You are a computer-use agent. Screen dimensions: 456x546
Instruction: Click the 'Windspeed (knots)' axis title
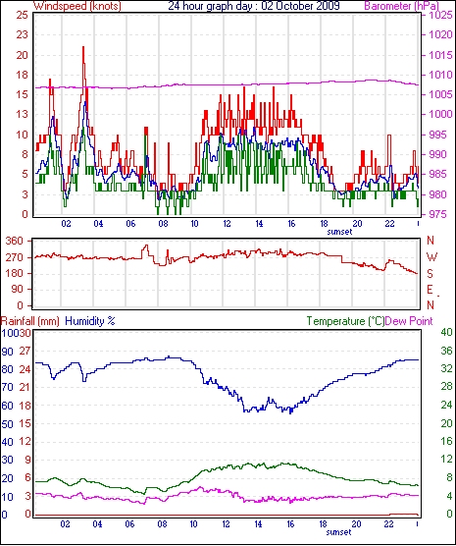(77, 6)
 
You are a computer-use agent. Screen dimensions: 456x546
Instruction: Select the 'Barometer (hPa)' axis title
(401, 6)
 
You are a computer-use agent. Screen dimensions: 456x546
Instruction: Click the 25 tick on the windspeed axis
(22, 15)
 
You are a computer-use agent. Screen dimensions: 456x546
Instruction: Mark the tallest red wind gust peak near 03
(83, 47)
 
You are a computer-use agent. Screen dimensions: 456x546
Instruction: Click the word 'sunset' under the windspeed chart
(339, 232)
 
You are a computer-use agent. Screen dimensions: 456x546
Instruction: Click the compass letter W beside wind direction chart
(431, 257)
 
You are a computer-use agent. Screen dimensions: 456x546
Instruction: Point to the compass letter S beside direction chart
(431, 274)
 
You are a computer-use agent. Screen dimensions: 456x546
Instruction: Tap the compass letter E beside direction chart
(431, 290)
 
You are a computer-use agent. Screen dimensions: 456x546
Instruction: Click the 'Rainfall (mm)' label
(30, 321)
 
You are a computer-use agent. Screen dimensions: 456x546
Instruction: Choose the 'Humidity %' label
(90, 321)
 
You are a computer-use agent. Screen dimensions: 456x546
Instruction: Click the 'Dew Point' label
(409, 321)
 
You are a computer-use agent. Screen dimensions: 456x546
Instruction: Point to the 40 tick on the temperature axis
(446, 333)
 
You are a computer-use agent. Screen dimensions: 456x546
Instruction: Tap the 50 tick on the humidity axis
(7, 424)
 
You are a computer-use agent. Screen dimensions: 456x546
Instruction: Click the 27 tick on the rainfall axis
(25, 351)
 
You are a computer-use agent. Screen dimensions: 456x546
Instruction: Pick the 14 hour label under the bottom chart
(258, 523)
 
